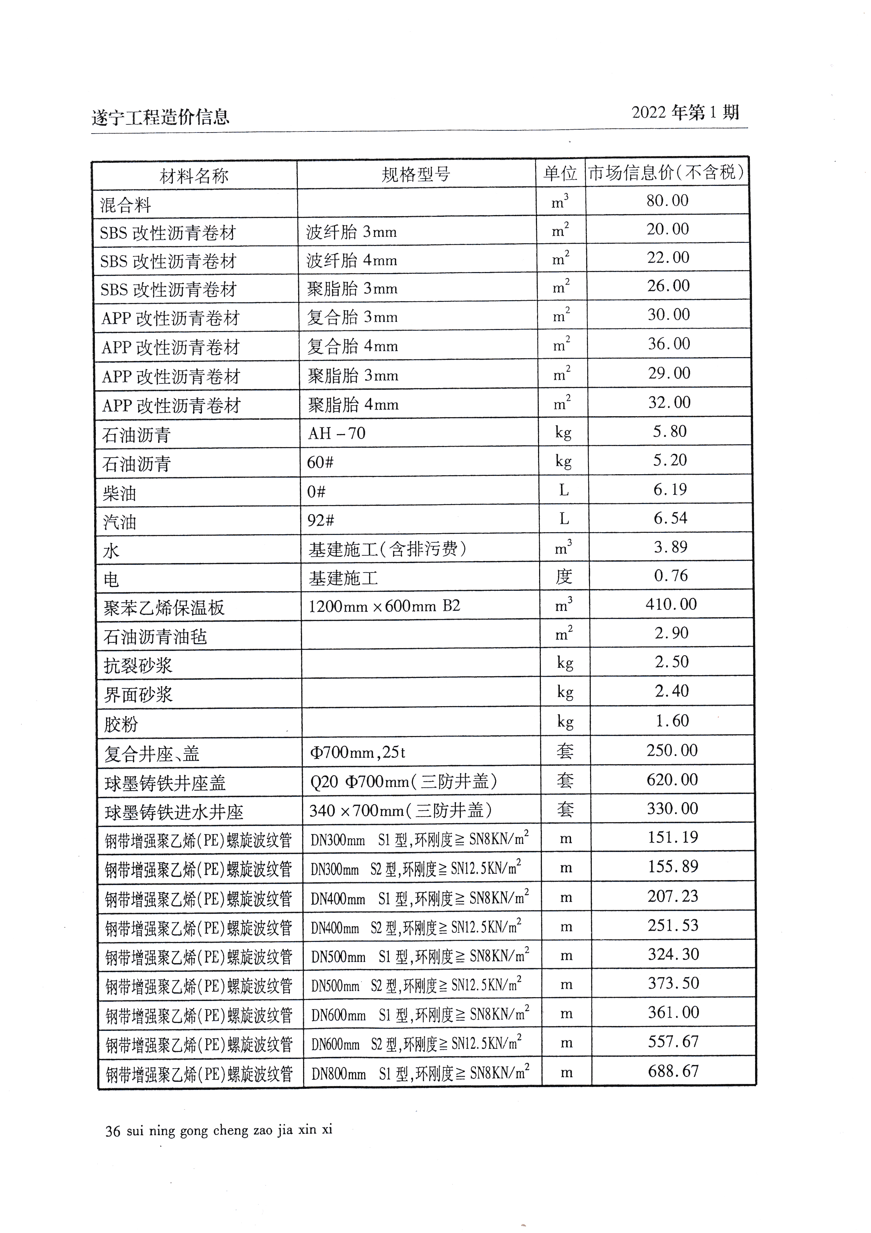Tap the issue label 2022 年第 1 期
pos(685,113)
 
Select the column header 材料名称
pos(194,176)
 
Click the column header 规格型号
pos(416,174)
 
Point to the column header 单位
pos(560,173)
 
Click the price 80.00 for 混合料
pos(667,201)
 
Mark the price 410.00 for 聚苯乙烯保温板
pos(671,605)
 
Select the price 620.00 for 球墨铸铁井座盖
pos(672,780)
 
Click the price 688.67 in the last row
pos(673,1071)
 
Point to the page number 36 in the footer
pos(113,1131)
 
